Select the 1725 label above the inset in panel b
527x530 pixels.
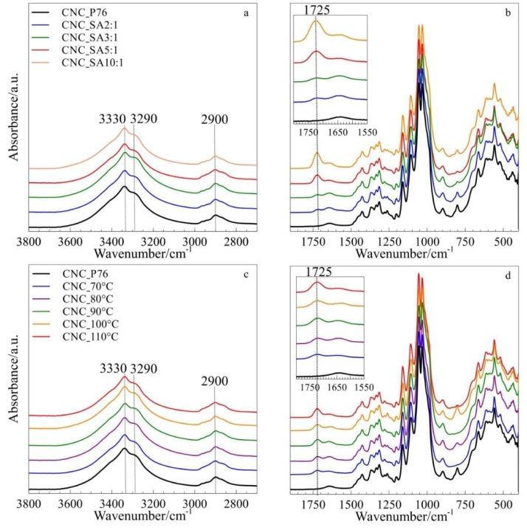tap(316, 10)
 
